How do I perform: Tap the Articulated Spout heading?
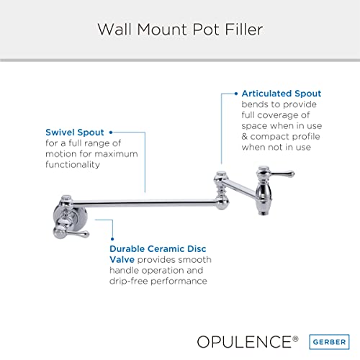coord(281,94)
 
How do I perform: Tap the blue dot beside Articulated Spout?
coord(235,94)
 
